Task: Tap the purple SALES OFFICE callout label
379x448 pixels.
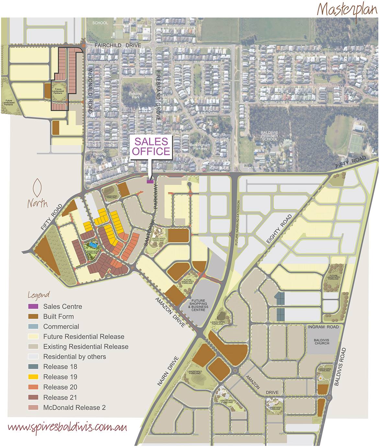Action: (x=151, y=146)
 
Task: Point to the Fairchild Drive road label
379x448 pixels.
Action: (x=118, y=46)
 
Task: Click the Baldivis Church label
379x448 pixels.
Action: (x=321, y=341)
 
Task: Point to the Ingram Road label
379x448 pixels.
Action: (x=323, y=327)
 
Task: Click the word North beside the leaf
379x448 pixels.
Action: (x=38, y=204)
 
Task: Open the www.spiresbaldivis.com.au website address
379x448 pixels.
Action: (x=67, y=427)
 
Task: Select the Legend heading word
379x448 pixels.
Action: (x=39, y=295)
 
